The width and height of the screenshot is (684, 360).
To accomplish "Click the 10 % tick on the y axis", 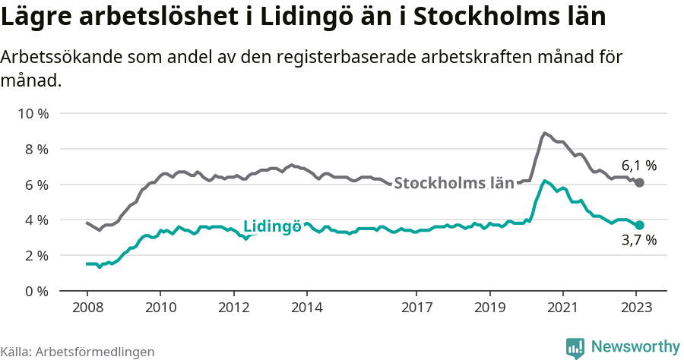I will click(x=33, y=114).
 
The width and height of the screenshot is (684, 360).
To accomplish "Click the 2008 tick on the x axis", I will click(x=87, y=309).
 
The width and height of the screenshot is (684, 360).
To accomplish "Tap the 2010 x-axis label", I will click(x=160, y=309).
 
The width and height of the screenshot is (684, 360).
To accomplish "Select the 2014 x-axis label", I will click(x=306, y=309).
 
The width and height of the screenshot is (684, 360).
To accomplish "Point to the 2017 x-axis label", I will click(x=416, y=309).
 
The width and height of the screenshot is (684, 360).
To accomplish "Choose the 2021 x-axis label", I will click(x=562, y=309).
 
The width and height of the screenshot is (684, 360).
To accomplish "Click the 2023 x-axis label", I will click(x=635, y=309).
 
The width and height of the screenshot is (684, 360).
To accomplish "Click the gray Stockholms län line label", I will click(x=454, y=183).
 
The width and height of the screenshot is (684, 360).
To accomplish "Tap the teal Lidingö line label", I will click(x=272, y=226).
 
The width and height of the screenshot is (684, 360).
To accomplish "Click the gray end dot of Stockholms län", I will click(x=640, y=183).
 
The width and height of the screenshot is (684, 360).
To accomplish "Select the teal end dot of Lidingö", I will click(x=640, y=225).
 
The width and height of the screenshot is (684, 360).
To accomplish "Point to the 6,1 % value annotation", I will click(x=638, y=166).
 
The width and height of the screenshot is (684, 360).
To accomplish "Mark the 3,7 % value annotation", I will click(x=638, y=242).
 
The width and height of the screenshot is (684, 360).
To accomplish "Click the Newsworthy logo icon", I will click(x=575, y=348).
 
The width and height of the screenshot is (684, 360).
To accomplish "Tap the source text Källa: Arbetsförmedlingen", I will click(x=78, y=352).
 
